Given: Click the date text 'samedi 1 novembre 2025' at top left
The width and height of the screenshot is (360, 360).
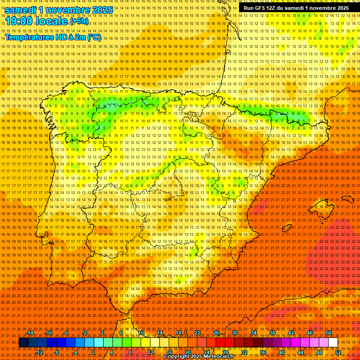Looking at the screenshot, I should (x=59, y=10).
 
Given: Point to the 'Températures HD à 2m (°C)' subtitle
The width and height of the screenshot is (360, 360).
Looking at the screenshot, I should (x=52, y=37).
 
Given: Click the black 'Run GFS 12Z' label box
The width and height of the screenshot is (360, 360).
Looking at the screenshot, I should (x=296, y=8).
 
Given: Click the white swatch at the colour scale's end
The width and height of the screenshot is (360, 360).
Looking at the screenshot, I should (x=333, y=343).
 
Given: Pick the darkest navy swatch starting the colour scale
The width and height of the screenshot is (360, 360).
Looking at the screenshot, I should (x=23, y=343).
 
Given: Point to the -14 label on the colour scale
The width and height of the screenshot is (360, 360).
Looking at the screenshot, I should (x=30, y=333).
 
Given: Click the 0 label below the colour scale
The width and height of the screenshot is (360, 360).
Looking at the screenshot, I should (x=93, y=352).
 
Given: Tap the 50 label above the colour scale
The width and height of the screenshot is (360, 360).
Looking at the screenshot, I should (x=329, y=333).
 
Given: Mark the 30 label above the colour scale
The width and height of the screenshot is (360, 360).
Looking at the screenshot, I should (x=235, y=333).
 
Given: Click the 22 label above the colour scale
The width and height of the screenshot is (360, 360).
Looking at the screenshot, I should (x=197, y=333).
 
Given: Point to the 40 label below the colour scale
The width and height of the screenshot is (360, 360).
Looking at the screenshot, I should (x=282, y=352).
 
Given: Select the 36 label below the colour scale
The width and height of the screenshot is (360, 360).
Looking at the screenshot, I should (x=263, y=352).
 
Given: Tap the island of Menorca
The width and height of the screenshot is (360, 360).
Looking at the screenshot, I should (x=347, y=199).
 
